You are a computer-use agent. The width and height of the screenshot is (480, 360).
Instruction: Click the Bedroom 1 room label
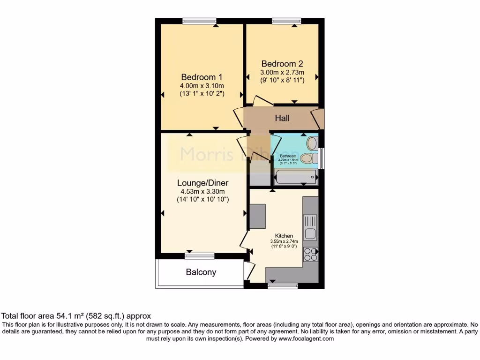click(x=202, y=77)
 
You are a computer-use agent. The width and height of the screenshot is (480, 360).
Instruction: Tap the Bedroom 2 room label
click(x=282, y=64)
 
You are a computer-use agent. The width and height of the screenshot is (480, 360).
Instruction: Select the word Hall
click(x=282, y=118)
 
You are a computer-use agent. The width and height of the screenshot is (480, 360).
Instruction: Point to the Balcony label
click(x=201, y=272)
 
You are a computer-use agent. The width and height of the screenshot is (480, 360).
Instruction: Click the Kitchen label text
click(x=284, y=236)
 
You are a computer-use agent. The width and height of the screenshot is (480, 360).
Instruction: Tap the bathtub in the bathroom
click(x=295, y=177)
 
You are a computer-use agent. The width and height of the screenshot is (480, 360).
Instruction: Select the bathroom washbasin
click(x=312, y=143)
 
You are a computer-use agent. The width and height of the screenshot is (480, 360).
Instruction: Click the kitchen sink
click(x=310, y=227)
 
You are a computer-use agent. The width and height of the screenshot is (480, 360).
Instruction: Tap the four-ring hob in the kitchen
click(x=310, y=254)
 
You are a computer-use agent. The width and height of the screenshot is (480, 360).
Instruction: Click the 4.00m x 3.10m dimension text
click(x=202, y=86)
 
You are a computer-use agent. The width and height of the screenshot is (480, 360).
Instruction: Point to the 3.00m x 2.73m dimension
click(x=282, y=72)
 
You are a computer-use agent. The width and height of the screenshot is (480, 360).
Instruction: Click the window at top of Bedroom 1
click(x=200, y=21)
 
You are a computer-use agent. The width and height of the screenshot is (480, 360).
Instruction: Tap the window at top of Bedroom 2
click(x=286, y=21)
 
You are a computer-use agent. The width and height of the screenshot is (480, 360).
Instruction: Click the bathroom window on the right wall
click(x=321, y=158)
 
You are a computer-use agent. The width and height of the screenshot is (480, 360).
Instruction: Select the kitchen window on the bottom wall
click(x=282, y=285)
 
